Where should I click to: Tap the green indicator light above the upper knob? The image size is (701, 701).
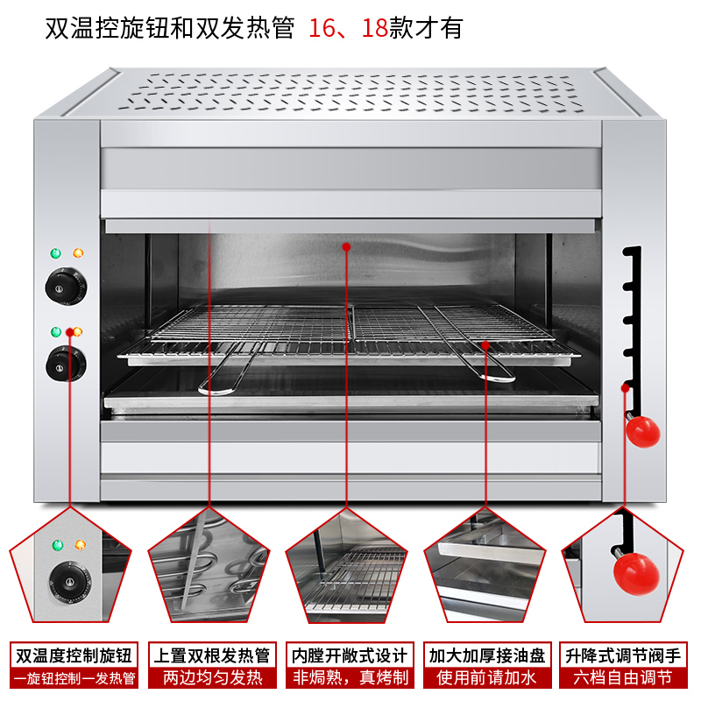56,254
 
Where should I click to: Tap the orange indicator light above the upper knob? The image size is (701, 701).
78,254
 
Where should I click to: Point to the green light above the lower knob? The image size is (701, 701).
56,332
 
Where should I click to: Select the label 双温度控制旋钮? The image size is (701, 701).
73,655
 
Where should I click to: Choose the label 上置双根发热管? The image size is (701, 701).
211,655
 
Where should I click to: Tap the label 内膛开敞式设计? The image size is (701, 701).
350,655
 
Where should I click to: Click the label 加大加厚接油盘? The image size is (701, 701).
488,655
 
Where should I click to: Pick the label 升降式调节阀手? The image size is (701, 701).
623,655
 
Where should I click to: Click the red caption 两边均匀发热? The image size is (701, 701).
211,677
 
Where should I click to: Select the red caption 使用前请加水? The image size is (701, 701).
488,677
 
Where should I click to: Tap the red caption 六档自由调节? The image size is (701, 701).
623,677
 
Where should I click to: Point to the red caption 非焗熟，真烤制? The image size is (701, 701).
350,677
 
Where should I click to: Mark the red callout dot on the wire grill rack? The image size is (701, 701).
485,344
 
